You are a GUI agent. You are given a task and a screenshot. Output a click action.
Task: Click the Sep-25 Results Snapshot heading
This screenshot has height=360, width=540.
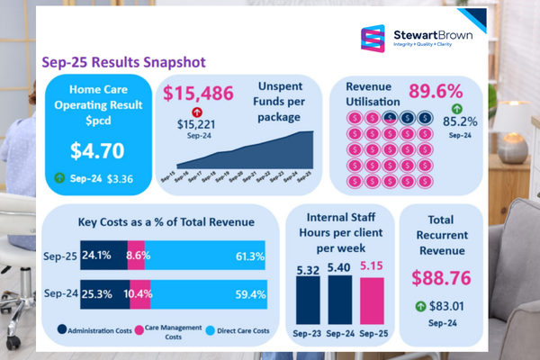point(123,62)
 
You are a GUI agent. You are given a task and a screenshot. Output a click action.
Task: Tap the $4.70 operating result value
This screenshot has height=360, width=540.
point(98,149)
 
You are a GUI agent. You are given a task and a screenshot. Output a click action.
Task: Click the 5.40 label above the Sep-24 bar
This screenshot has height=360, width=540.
point(338,268)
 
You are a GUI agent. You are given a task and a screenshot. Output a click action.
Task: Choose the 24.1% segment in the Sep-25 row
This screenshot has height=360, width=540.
point(103,256)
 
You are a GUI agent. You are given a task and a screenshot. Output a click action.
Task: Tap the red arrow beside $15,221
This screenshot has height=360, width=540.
point(195,112)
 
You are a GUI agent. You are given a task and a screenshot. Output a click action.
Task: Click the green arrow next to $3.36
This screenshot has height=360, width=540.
point(60,178)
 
